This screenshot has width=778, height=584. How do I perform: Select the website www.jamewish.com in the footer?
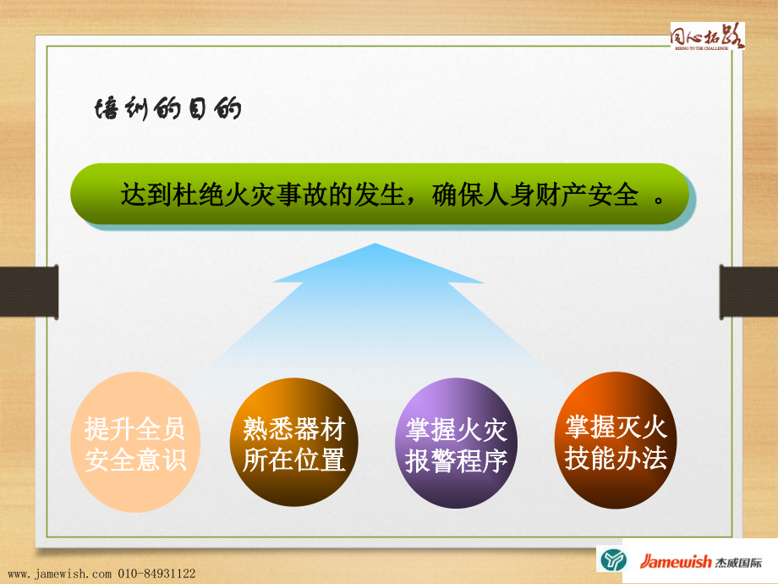coord(59,574)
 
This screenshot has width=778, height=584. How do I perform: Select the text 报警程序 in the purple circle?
coord(456,461)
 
